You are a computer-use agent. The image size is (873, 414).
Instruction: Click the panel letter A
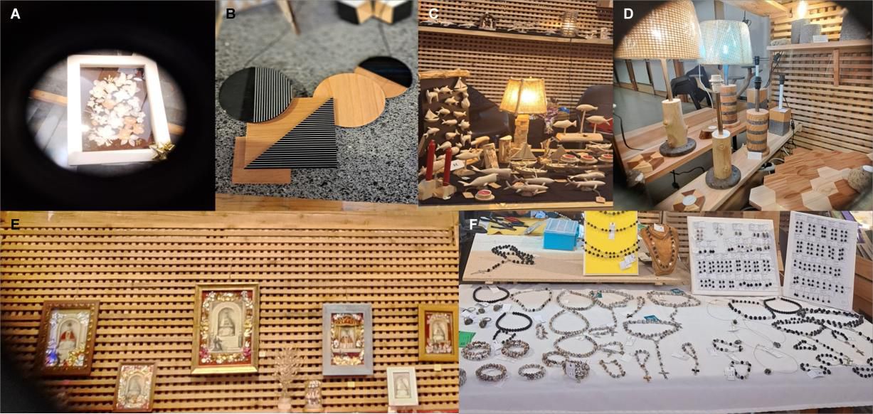[15, 14]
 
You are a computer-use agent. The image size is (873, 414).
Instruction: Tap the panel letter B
[231, 14]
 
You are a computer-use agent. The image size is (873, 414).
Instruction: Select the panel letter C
[433, 14]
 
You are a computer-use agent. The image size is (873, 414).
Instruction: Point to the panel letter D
[628, 14]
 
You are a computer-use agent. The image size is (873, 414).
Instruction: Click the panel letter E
[15, 225]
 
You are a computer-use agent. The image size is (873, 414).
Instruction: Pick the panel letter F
[474, 225]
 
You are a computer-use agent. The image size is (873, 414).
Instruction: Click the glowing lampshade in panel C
[524, 96]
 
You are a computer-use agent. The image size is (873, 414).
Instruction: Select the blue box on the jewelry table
[561, 234]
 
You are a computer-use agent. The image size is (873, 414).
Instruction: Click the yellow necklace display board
[611, 244]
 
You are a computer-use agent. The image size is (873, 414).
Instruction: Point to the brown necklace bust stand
[662, 249]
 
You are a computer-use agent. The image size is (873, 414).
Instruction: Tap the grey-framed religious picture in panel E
[348, 339]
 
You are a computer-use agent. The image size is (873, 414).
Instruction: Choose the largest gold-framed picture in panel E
[226, 328]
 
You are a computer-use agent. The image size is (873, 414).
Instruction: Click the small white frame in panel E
[403, 386]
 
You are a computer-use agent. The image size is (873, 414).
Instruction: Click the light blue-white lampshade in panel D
[725, 42]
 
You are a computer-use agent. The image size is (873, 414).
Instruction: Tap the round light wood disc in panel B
[349, 100]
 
